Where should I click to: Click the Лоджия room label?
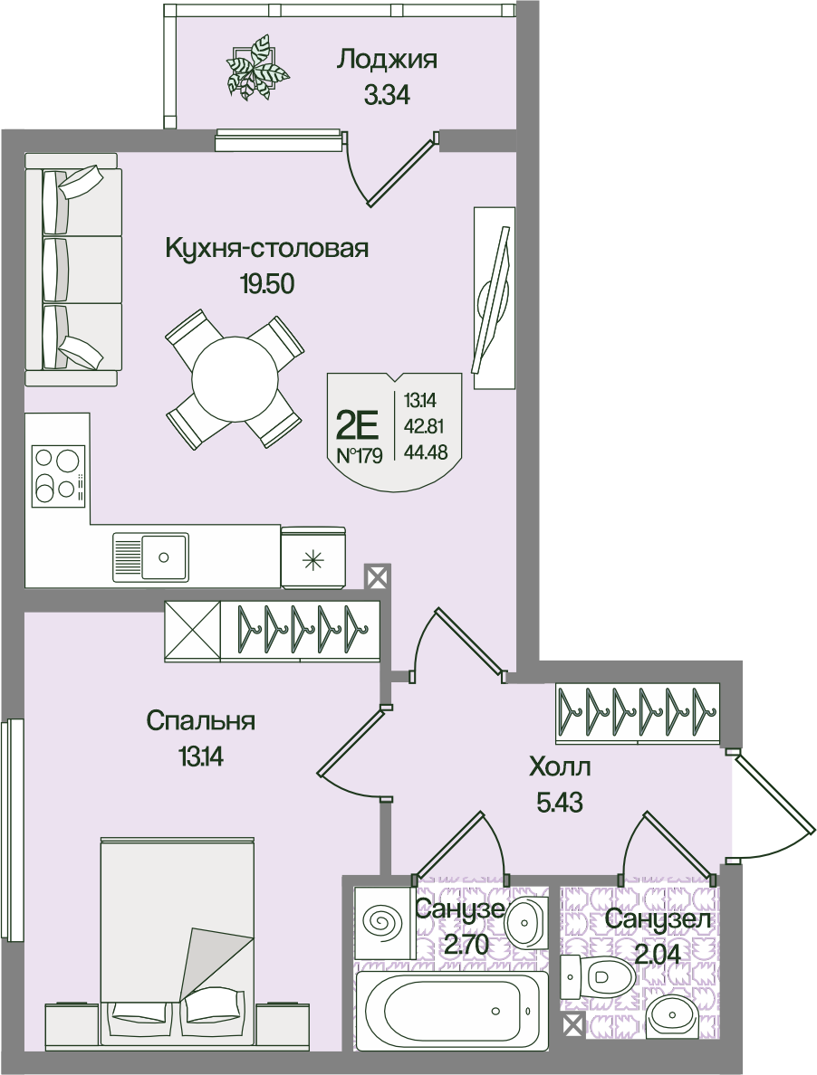[387, 60]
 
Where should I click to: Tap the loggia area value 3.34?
[387, 94]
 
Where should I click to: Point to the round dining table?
[235, 379]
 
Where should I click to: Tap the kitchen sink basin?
[164, 556]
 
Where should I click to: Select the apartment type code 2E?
[356, 423]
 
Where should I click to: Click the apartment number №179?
[360, 455]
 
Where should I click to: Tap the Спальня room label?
[200, 721]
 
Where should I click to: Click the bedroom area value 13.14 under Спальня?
[200, 756]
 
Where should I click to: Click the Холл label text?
[560, 768]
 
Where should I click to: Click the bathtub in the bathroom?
[452, 1011]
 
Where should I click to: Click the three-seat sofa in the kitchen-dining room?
[72, 269]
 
